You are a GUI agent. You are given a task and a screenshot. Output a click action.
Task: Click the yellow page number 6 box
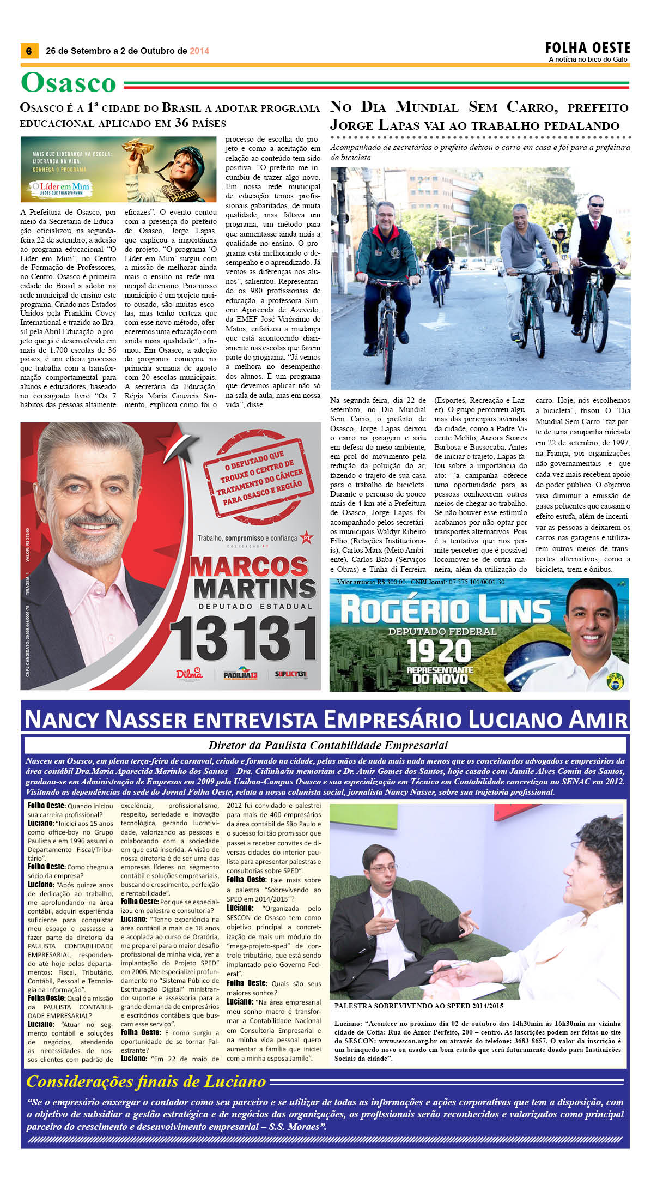[x=28, y=51]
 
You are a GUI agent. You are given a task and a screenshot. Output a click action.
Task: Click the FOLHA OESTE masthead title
[x=587, y=48]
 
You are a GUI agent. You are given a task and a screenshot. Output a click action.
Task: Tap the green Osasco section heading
[x=69, y=83]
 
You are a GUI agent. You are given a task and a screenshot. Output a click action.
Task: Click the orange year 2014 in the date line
[x=199, y=51]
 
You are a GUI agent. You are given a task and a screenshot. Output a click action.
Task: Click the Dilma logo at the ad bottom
[x=189, y=674]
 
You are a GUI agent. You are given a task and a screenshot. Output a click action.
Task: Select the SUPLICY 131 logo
[x=290, y=674]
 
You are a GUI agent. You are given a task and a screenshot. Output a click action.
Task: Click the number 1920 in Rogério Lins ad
[x=439, y=651]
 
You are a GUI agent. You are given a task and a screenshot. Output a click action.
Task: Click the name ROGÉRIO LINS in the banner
[x=445, y=610]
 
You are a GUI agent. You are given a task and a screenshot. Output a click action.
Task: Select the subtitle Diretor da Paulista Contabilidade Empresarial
[x=327, y=745]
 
